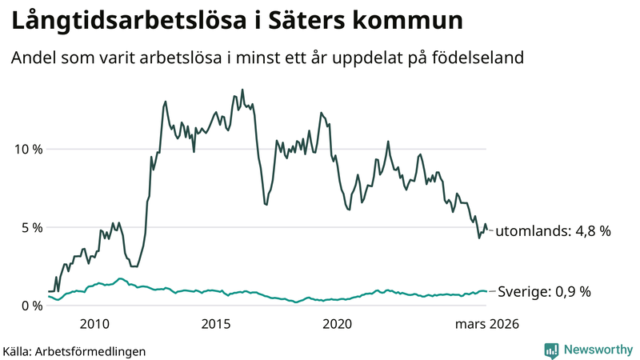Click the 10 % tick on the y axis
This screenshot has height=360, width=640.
(x=27, y=149)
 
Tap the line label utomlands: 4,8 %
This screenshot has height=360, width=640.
(x=553, y=231)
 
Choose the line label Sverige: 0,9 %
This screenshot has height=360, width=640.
(x=544, y=292)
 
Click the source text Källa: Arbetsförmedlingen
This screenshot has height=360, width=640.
(x=74, y=350)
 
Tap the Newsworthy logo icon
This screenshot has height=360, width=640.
(x=551, y=350)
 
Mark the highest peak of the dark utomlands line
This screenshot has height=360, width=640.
(x=242, y=90)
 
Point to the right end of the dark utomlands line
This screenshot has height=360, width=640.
(x=486, y=230)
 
